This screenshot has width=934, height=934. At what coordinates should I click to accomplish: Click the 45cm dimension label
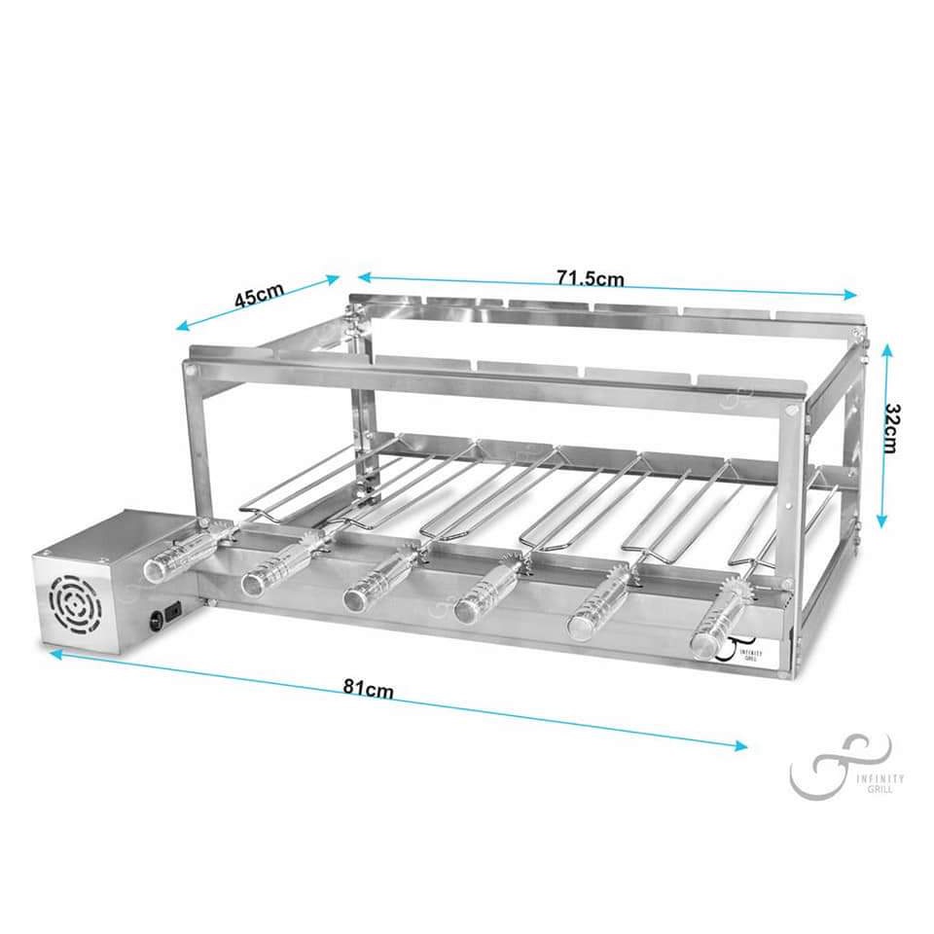(259, 296)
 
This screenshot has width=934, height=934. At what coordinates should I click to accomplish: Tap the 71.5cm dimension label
(591, 278)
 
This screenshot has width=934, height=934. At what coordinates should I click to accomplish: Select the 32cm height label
(892, 428)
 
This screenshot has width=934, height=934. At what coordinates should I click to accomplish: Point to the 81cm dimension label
(368, 688)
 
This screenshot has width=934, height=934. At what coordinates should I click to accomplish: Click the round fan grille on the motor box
(75, 603)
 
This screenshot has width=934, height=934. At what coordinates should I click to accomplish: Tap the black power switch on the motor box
(173, 612)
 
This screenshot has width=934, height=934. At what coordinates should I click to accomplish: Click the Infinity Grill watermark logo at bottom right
(845, 767)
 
